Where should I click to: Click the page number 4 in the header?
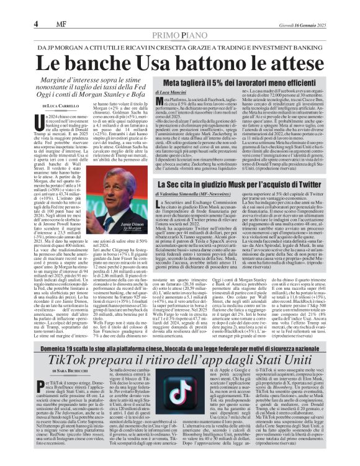(x=12, y=7)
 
